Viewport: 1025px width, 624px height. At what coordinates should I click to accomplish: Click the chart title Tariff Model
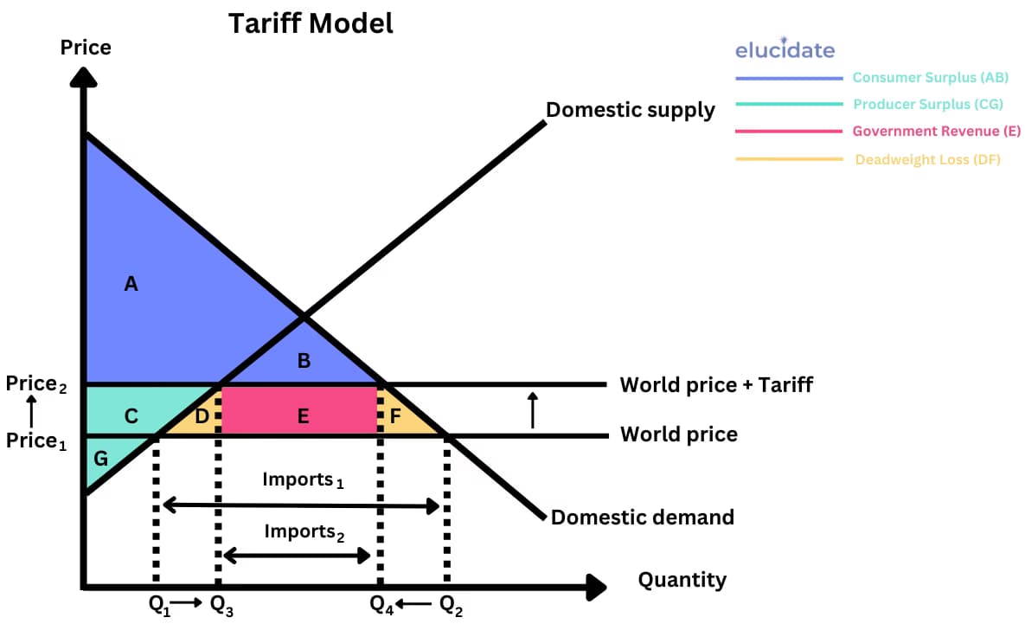(311, 23)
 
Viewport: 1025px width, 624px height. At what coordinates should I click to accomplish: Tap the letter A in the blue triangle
(131, 283)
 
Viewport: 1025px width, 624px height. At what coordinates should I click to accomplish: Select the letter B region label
(304, 361)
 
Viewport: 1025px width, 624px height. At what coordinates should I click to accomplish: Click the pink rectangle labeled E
(303, 416)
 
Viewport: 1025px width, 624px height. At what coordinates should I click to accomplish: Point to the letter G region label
(100, 459)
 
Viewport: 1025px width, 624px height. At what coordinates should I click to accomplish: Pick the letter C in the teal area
(131, 416)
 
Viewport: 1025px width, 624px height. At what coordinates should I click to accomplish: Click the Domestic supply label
(631, 110)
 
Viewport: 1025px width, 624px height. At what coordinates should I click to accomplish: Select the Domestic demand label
(642, 517)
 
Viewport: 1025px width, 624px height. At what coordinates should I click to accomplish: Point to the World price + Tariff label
(716, 384)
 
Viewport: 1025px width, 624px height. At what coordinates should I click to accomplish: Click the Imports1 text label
(303, 479)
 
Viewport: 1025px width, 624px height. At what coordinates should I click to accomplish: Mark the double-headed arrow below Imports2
(297, 556)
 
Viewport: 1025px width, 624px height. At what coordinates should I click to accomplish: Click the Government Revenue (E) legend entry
(936, 132)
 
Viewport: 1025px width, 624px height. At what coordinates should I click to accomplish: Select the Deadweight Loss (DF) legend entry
(927, 159)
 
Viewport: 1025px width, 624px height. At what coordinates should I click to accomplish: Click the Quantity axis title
(682, 579)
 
